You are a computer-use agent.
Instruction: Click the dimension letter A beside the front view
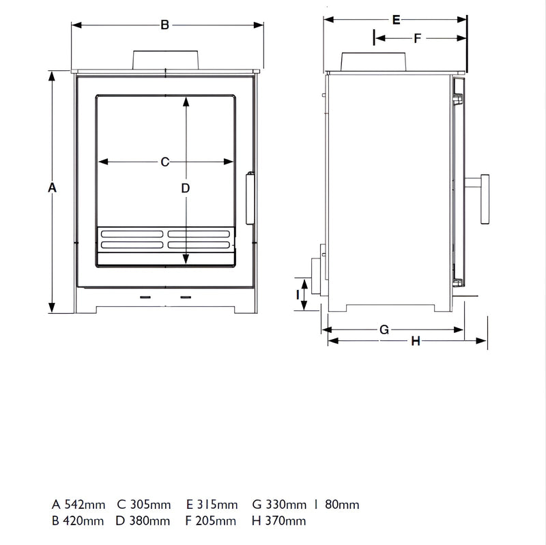point(52,188)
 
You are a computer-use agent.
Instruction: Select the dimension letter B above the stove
point(164,25)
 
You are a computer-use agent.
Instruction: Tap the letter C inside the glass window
point(164,162)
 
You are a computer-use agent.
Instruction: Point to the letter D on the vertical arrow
point(185,188)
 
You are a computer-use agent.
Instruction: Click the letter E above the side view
point(396,20)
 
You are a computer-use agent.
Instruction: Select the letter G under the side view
point(384,330)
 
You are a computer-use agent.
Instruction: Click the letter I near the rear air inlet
point(298,294)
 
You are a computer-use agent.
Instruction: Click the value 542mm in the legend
point(85,505)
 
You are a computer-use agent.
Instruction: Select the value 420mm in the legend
point(84,522)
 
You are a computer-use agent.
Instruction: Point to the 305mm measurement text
point(150,505)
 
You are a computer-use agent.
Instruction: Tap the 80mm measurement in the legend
point(342,505)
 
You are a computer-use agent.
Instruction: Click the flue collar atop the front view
point(166,59)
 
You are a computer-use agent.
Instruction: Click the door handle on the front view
point(249,198)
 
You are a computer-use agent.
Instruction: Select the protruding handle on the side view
point(482,198)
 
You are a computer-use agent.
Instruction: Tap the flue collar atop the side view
point(375,61)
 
